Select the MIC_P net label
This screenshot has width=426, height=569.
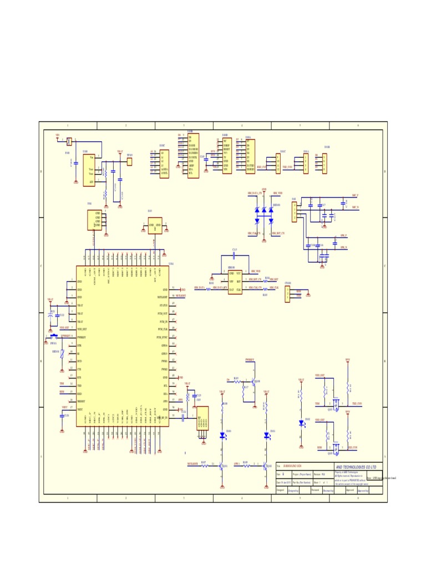click(356, 196)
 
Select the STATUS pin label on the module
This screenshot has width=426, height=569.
click(163, 306)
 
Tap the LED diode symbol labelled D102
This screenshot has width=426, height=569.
click(301, 422)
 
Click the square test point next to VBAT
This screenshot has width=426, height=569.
click(130, 161)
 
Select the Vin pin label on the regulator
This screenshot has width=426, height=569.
click(91, 157)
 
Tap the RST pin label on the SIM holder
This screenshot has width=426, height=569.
click(239, 282)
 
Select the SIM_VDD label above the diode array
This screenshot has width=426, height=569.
click(278, 192)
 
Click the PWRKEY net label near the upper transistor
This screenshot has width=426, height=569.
click(250, 360)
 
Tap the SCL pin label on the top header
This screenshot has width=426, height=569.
click(191, 173)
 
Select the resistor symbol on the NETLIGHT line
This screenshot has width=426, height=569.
click(204, 465)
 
